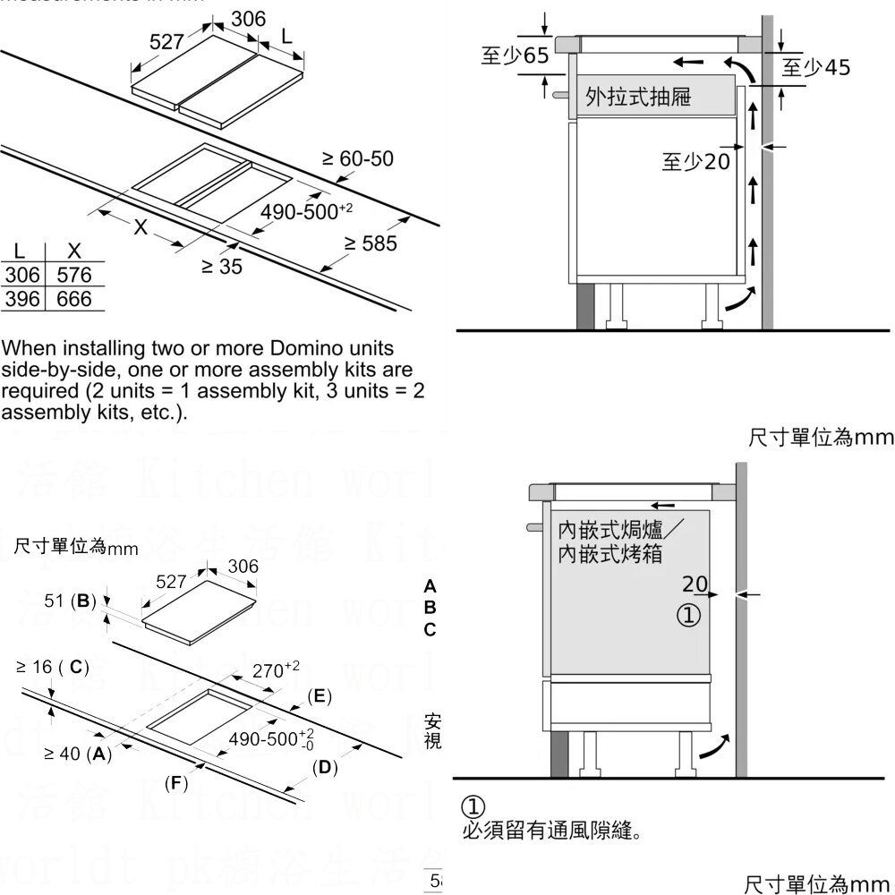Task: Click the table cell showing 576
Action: click(74, 276)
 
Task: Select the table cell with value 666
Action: click(74, 299)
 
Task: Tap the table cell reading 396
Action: click(22, 299)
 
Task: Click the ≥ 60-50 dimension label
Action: click(357, 159)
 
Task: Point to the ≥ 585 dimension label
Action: click(371, 243)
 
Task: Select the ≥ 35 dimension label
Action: click(221, 267)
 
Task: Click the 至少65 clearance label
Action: click(514, 56)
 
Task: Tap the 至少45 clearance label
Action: click(816, 68)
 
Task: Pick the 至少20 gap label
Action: click(695, 162)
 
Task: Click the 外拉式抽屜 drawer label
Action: click(638, 97)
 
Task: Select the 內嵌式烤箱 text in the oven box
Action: click(609, 554)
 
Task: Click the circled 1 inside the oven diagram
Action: click(687, 616)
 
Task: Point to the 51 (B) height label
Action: click(70, 601)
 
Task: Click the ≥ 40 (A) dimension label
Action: click(78, 754)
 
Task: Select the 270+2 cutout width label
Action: click(275, 669)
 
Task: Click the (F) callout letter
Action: click(175, 784)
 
